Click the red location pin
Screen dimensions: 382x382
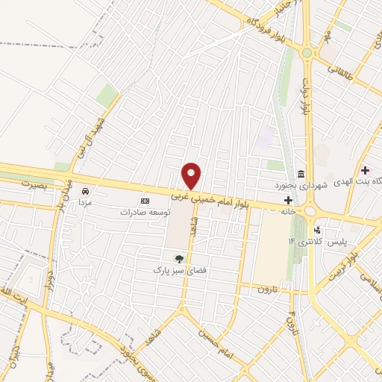point(192,175)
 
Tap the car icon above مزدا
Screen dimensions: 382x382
point(87,190)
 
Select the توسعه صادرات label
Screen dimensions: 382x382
point(145,212)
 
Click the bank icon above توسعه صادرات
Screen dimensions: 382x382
point(145,201)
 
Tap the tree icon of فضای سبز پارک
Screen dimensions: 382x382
point(178,258)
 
